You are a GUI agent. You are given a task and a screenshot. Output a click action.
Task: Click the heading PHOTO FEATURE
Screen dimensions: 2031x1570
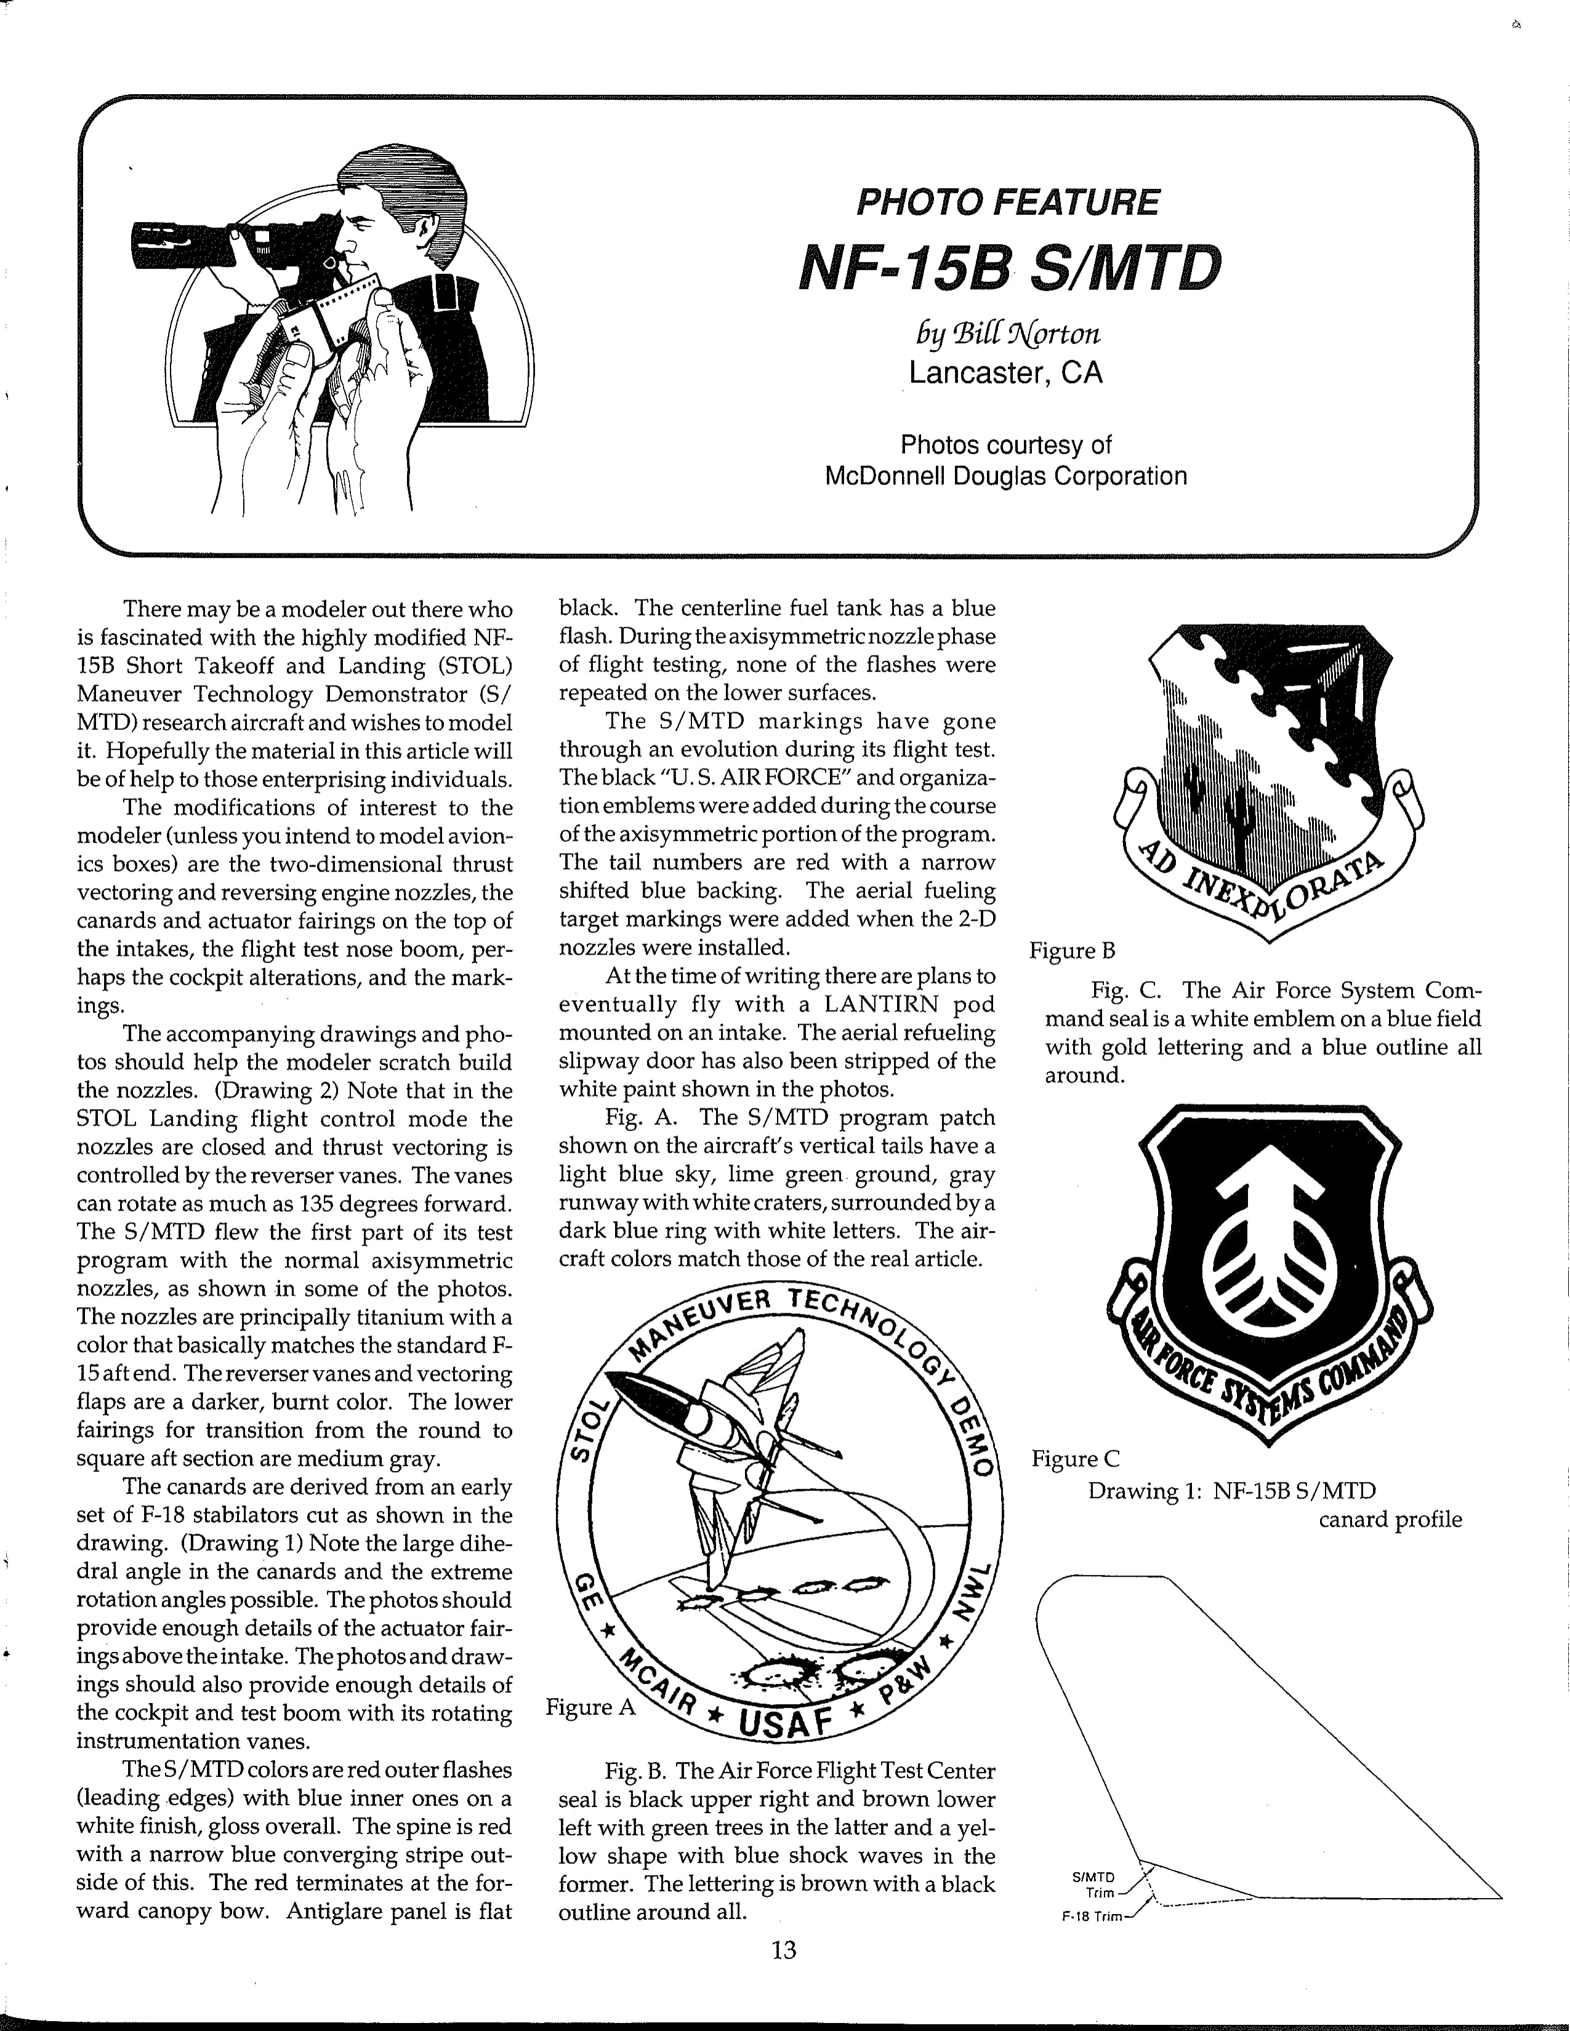pos(1007,202)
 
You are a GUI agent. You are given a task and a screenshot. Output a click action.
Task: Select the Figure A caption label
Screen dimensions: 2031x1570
pos(590,1707)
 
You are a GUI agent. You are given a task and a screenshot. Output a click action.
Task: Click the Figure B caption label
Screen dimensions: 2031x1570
pos(1071,950)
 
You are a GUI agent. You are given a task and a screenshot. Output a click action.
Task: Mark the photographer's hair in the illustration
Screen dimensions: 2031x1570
pos(400,177)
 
